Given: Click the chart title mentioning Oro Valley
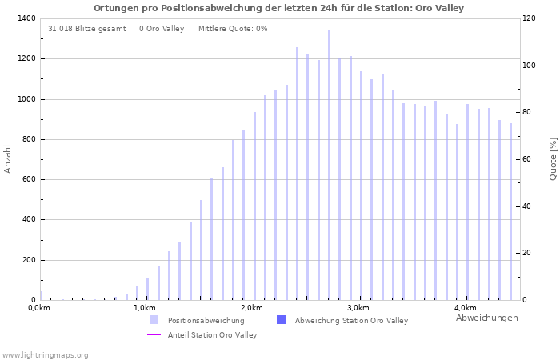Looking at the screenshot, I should pos(278,8).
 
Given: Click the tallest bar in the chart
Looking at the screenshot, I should pos(329,165).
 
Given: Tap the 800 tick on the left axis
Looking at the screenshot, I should pos(28,139).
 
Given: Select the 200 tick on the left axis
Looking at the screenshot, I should pos(28,260).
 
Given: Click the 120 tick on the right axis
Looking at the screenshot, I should pos(530,18).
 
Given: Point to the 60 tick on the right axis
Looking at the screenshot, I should pos(527,159).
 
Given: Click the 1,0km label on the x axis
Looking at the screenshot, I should pos(144,308).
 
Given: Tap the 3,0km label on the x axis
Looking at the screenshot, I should pos(358,308).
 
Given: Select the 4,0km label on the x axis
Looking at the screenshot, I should pos(465,308).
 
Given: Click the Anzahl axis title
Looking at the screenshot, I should pos(8,158).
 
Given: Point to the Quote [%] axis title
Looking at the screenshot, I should pos(553,158).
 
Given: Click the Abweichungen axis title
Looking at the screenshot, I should pos(486,318).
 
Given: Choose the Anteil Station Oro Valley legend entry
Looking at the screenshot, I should pos(212,335).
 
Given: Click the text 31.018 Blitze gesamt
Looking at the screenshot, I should pos(86,29).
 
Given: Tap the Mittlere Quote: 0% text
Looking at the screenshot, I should pos(233,29).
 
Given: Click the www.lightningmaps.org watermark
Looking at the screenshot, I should pos(45,355).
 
